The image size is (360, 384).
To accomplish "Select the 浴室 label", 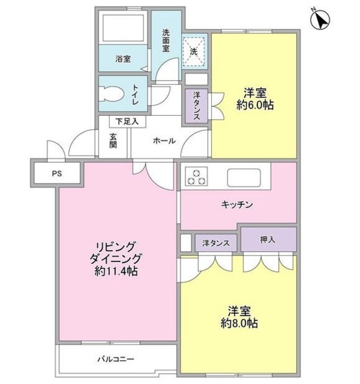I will click(x=123, y=59).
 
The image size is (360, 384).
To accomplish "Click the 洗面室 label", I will click(x=167, y=41).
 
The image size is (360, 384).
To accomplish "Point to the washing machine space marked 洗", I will click(x=194, y=50).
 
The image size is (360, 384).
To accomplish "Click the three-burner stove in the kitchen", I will click(x=196, y=176).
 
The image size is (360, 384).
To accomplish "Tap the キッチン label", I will click(x=237, y=205).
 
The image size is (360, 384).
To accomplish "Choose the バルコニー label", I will click(x=114, y=360).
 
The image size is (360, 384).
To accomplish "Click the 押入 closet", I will click(x=268, y=239).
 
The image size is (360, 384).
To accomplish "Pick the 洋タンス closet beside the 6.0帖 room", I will click(x=196, y=106).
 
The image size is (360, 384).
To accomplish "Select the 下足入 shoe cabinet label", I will click(x=127, y=121).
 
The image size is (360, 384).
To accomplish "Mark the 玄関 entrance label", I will click(x=113, y=140).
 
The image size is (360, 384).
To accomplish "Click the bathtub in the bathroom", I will click(x=123, y=27).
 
